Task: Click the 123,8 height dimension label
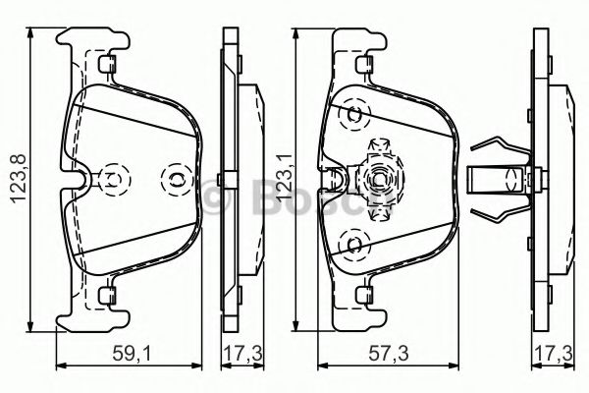click(x=13, y=178)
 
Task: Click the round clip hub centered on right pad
click(x=378, y=179)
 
